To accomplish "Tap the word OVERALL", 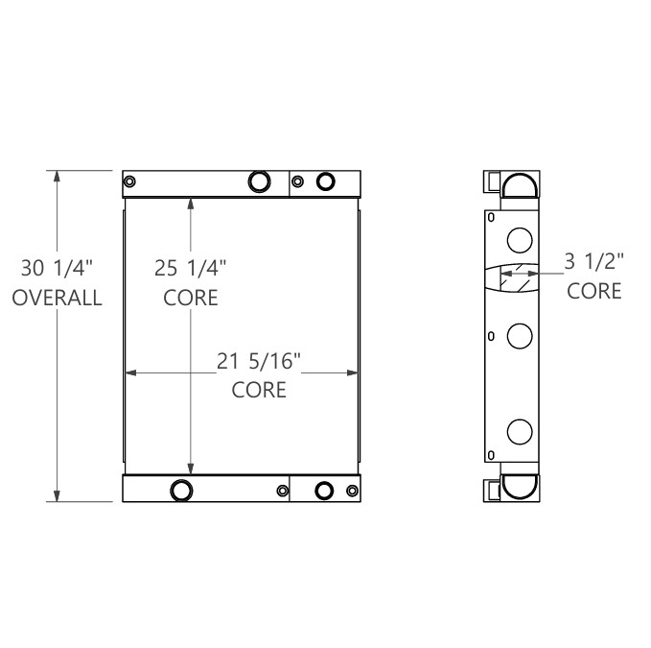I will [57, 298].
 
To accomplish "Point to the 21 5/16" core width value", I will [259, 361].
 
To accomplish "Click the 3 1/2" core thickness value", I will [594, 259].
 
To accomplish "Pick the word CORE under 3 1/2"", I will [594, 290].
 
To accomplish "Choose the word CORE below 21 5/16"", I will [259, 390].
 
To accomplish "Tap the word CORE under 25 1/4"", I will [191, 298].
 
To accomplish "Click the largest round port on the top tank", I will [260, 181].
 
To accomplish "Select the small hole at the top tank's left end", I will [130, 181].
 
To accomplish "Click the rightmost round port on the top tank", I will [326, 181].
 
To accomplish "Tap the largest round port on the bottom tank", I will [180, 491].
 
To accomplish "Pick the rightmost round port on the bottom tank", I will [326, 491].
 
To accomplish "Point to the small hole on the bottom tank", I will [282, 492].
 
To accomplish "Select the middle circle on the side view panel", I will [519, 335].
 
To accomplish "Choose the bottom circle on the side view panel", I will [519, 431].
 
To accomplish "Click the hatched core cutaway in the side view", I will [514, 276].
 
